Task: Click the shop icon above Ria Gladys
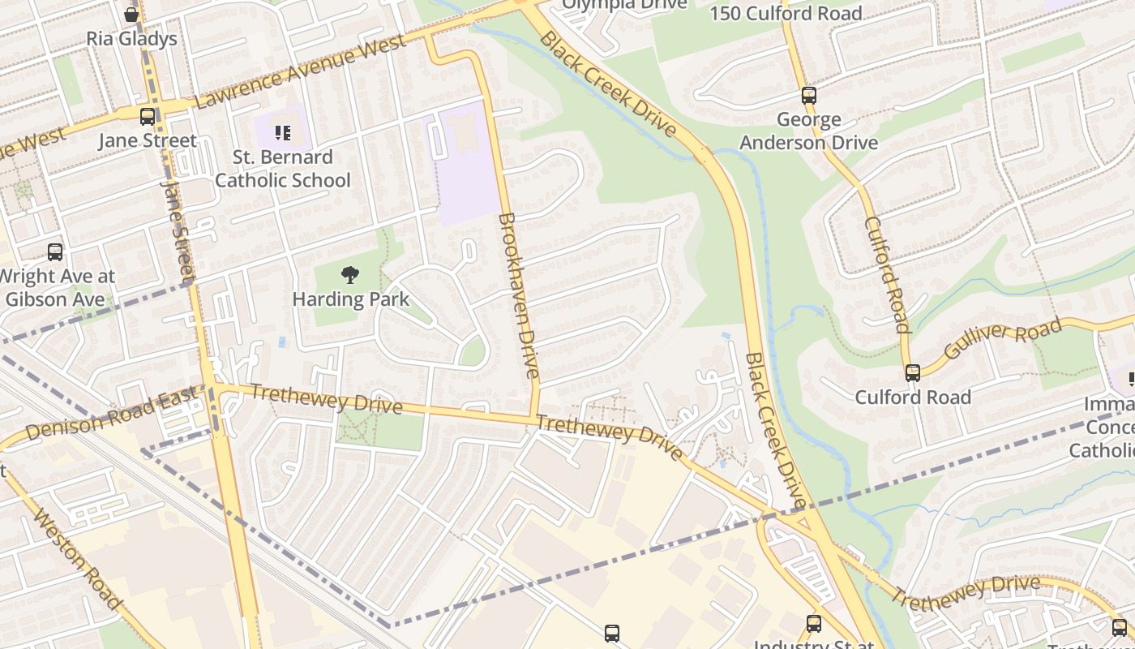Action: tap(131, 14)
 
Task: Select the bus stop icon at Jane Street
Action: tap(147, 116)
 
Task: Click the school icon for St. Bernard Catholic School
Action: tap(282, 131)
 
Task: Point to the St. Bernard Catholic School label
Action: tap(282, 169)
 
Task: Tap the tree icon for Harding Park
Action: tap(350, 275)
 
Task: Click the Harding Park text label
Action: tap(350, 299)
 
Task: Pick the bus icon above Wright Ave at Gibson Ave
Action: tap(55, 251)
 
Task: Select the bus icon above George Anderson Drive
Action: tap(808, 95)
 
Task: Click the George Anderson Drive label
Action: tap(827, 131)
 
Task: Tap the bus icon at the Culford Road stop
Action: tap(913, 372)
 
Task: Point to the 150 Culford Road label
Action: tap(786, 13)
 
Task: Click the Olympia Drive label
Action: tap(625, 5)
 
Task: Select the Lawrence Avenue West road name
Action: tap(301, 72)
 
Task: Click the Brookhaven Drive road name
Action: tap(518, 295)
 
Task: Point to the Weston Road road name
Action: tap(78, 560)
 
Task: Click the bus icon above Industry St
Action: tap(814, 623)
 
